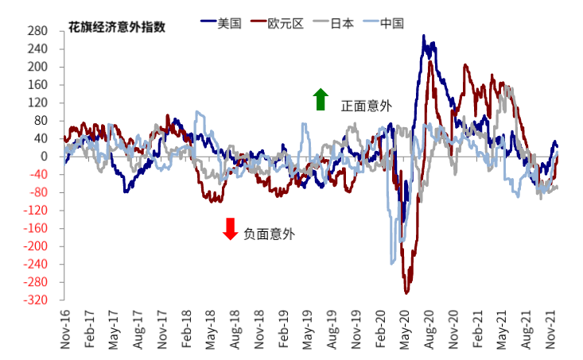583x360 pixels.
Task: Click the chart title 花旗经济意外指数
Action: click(117, 26)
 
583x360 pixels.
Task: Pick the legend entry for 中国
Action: click(390, 23)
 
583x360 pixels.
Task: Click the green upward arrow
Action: click(321, 99)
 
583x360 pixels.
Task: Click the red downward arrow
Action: click(231, 229)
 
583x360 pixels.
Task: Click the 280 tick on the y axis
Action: click(38, 31)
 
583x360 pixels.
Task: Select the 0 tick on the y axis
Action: click(45, 157)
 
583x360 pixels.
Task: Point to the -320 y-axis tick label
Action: click(36, 301)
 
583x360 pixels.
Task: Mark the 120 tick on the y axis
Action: click(38, 103)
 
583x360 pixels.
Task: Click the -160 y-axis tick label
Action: click(36, 229)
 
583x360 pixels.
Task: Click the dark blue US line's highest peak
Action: click(424, 36)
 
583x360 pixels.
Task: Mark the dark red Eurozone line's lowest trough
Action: click(406, 293)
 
